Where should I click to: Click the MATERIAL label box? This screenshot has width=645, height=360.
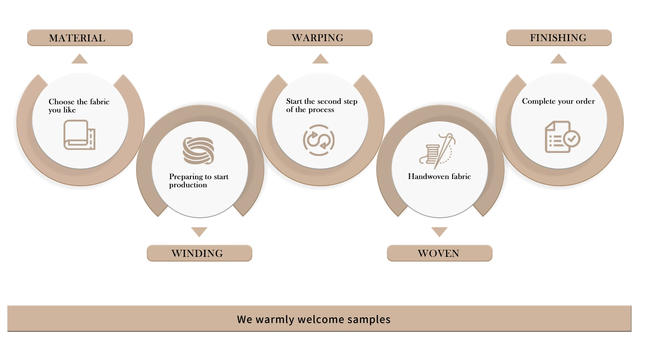pyautogui.click(x=80, y=38)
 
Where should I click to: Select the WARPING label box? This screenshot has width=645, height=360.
pyautogui.click(x=319, y=38)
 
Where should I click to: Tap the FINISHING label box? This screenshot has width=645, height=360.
pyautogui.click(x=559, y=38)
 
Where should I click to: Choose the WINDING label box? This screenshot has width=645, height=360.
pyautogui.click(x=199, y=253)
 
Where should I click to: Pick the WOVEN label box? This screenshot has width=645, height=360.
pyautogui.click(x=439, y=253)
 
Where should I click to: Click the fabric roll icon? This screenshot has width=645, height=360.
pyautogui.click(x=80, y=135)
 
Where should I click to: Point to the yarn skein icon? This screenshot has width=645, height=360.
pyautogui.click(x=199, y=151)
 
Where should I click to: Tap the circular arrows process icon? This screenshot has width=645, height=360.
pyautogui.click(x=319, y=140)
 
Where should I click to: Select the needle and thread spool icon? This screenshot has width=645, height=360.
pyautogui.click(x=437, y=151)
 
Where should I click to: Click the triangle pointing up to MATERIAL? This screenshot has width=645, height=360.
pyautogui.click(x=80, y=59)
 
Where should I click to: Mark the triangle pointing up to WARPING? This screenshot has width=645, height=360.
pyautogui.click(x=320, y=59)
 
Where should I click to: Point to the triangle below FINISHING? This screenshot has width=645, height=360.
pyautogui.click(x=558, y=59)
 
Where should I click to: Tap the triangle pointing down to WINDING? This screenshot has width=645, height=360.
pyautogui.click(x=199, y=232)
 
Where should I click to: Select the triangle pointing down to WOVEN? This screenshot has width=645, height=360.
pyautogui.click(x=439, y=232)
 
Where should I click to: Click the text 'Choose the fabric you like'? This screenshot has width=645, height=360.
pyautogui.click(x=79, y=106)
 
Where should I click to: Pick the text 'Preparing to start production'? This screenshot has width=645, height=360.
pyautogui.click(x=199, y=181)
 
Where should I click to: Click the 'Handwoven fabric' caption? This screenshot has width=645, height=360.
pyautogui.click(x=439, y=176)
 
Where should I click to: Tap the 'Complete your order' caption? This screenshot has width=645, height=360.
pyautogui.click(x=558, y=101)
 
